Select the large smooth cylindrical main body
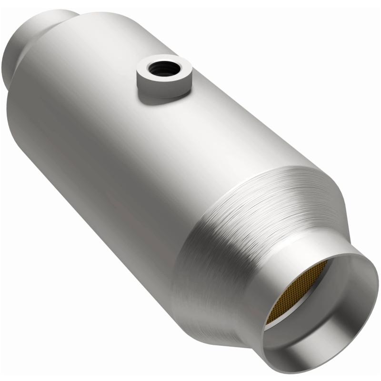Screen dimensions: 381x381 119,143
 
